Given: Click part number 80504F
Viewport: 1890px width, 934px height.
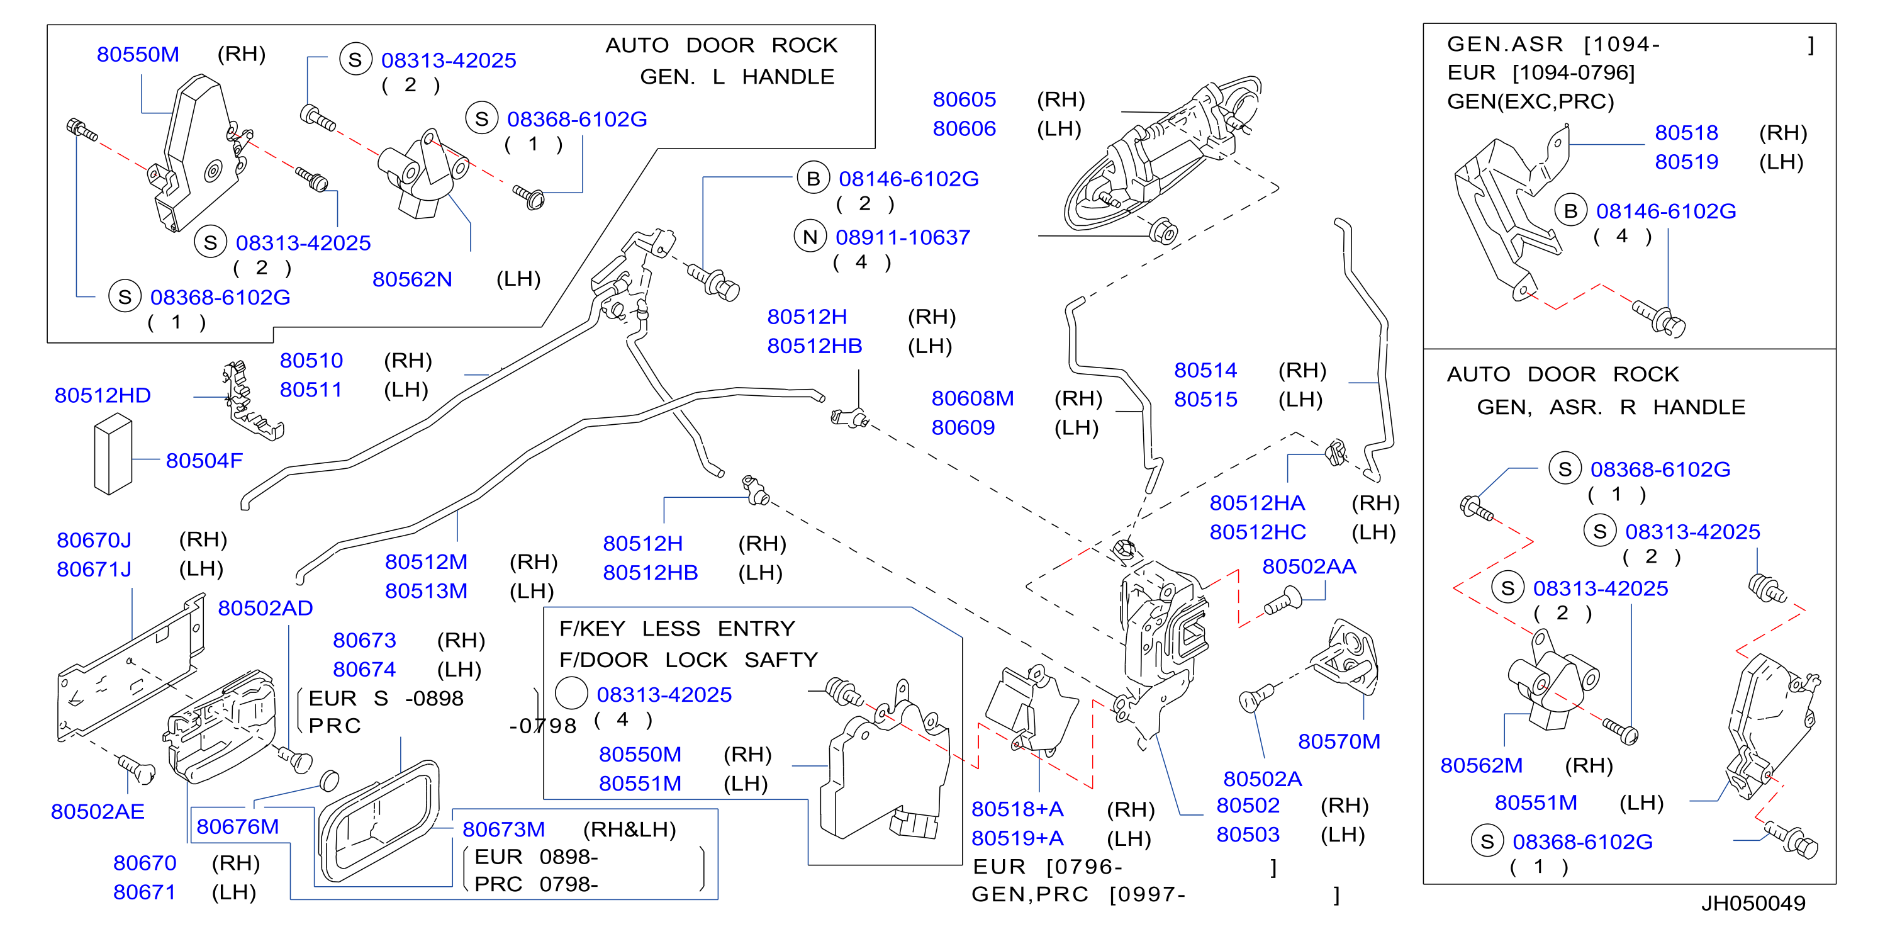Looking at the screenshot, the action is pos(204,460).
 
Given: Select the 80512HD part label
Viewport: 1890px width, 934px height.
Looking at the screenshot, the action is pos(103,395).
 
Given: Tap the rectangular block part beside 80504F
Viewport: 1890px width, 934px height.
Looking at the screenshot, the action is pos(113,453).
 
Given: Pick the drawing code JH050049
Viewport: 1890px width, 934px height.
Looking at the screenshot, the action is pos(1753,903).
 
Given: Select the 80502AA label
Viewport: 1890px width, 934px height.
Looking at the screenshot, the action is pos(1309,566).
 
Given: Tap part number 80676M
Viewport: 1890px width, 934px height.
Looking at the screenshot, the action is pos(238,826).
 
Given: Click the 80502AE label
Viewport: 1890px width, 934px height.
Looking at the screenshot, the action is pos(98,811).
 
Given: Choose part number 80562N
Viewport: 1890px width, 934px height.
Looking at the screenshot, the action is pos(412,279).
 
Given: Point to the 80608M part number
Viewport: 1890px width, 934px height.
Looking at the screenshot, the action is pos(973,398).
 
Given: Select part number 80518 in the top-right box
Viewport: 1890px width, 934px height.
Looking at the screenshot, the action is pos(1686,132).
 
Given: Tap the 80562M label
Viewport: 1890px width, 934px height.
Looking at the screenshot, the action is pos(1481,765).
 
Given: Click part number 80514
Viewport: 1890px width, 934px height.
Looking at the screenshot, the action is pos(1205,370).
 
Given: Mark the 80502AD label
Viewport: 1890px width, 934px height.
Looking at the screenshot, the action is pos(266,607).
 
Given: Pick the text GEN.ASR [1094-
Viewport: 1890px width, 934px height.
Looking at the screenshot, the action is pos(1553,44).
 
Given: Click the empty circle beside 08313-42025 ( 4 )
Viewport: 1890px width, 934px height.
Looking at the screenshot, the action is pos(571,694).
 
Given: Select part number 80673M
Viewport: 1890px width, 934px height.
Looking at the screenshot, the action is pos(503,829).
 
